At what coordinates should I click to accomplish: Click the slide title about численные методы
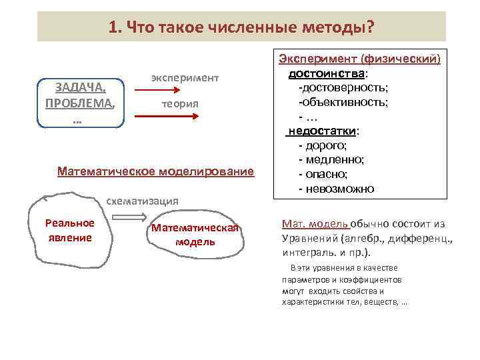241,27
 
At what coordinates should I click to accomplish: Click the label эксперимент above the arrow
185,78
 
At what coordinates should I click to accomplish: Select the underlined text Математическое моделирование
155,171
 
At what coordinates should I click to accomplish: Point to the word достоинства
327,73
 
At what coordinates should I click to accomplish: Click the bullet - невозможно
337,189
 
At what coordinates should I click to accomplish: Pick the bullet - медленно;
331,159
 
